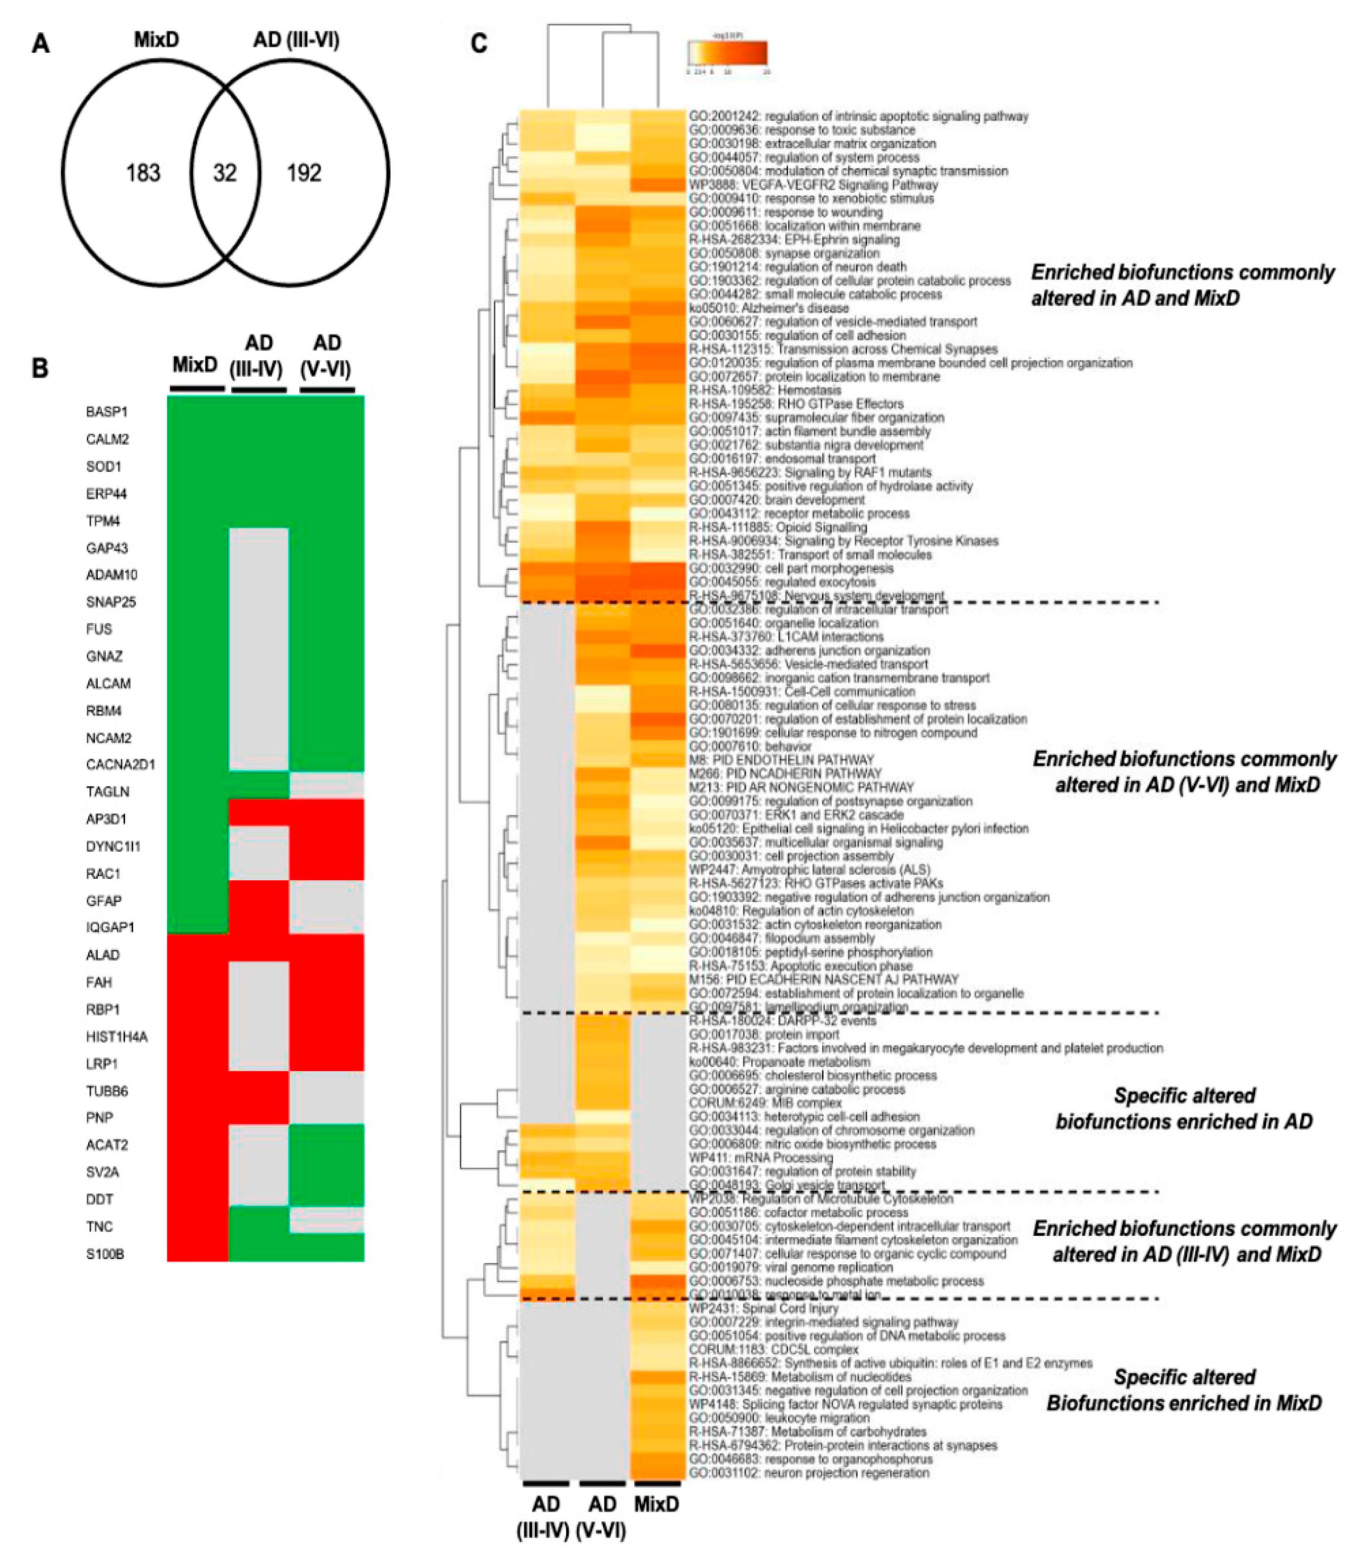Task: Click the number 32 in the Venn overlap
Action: tap(225, 173)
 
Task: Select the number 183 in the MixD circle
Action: tap(143, 173)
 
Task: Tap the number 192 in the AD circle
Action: tap(304, 173)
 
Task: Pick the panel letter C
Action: tap(479, 44)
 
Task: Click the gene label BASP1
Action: tap(107, 412)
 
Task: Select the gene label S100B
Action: tap(105, 1253)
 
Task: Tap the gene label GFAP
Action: tap(104, 900)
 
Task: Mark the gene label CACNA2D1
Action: tap(120, 764)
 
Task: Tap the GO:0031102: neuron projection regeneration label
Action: tap(809, 1473)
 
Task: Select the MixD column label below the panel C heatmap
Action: tap(656, 1504)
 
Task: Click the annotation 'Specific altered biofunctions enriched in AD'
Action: tap(1184, 1109)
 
